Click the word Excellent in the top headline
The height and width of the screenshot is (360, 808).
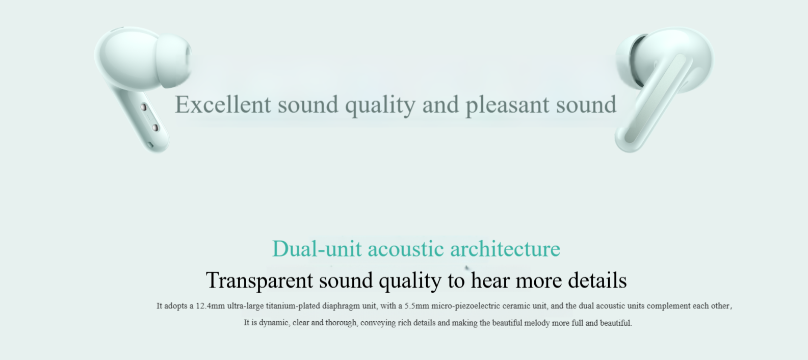pyautogui.click(x=223, y=105)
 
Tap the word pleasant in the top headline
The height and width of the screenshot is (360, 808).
pyautogui.click(x=508, y=106)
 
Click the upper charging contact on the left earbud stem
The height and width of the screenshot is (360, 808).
pyautogui.click(x=144, y=108)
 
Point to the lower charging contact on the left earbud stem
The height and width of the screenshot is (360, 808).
pyautogui.click(x=155, y=127)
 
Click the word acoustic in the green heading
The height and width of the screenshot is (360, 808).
pyautogui.click(x=406, y=249)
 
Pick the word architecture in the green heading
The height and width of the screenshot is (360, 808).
pyautogui.click(x=505, y=249)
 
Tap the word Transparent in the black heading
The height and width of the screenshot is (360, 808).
pyautogui.click(x=259, y=280)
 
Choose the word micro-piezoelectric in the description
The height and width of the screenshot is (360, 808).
pyautogui.click(x=465, y=306)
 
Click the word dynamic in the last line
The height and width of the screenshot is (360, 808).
pyautogui.click(x=274, y=323)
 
